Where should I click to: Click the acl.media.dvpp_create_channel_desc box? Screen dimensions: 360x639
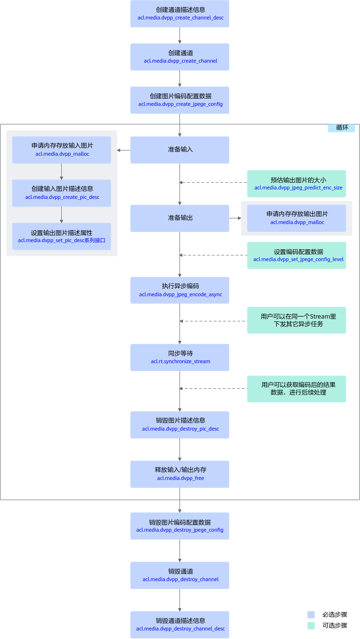[x=180, y=14]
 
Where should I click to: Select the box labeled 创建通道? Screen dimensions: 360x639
[x=180, y=57]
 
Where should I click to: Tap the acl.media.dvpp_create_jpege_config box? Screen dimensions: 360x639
[x=180, y=100]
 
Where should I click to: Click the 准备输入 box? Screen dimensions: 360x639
[x=180, y=150]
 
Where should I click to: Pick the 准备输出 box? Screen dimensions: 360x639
[x=180, y=218]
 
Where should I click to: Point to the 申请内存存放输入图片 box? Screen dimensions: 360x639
[x=61, y=150]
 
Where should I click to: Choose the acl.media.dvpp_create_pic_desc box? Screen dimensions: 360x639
[x=61, y=193]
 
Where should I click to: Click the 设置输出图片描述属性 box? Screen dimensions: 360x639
[x=61, y=236]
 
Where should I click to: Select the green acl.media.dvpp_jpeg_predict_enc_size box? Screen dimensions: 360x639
[x=296, y=184]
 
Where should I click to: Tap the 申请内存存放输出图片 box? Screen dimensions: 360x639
[x=296, y=218]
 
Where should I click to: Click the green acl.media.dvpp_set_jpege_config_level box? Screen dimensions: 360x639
[x=296, y=255]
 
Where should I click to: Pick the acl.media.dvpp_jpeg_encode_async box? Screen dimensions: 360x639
[x=180, y=290]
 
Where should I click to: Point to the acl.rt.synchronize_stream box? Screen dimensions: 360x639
[x=180, y=357]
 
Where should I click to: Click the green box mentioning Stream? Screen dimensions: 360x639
[x=296, y=320]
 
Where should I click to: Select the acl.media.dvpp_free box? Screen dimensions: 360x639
[x=180, y=474]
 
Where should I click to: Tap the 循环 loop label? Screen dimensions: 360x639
[x=341, y=128]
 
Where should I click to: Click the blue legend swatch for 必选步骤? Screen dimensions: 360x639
[x=311, y=614]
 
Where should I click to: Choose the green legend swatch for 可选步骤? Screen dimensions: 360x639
[x=311, y=626]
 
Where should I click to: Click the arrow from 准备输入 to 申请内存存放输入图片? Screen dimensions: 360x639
[x=123, y=150]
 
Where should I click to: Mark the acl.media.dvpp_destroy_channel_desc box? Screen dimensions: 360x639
[x=180, y=625]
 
